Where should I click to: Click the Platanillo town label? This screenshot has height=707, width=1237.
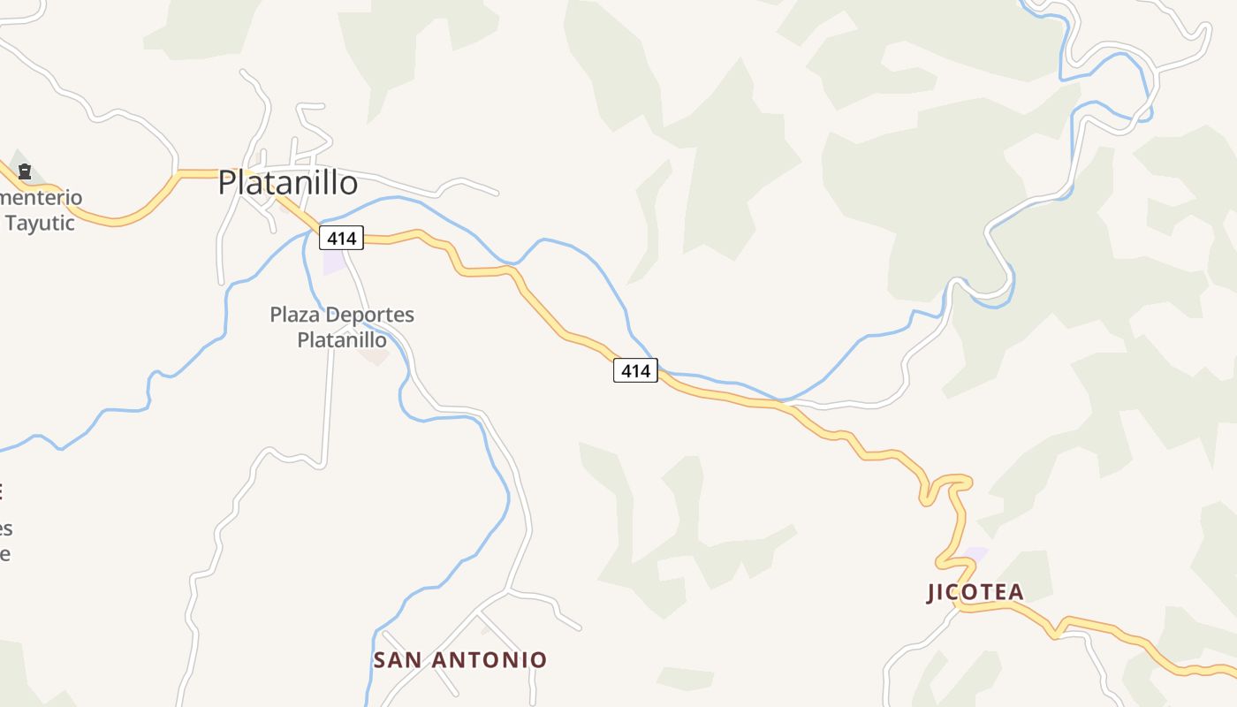coord(288,183)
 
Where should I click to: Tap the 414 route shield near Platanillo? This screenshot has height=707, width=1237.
coord(341,238)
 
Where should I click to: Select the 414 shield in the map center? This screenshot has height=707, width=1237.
coord(635,371)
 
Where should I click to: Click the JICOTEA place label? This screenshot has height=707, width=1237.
coord(975,592)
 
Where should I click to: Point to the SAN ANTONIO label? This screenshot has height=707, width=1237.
coord(460,660)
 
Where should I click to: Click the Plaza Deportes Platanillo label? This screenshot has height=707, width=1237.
coord(342,327)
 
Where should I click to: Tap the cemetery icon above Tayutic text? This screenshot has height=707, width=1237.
coord(25,171)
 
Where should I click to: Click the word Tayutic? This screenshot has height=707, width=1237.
coord(40,223)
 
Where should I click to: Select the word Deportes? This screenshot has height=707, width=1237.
coord(369,315)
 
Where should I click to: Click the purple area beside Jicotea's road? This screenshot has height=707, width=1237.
coord(975,554)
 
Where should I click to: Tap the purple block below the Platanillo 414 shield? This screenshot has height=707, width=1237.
coord(334,262)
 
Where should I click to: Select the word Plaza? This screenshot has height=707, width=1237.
coord(295,315)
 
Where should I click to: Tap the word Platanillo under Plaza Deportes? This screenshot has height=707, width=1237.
coord(342,340)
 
